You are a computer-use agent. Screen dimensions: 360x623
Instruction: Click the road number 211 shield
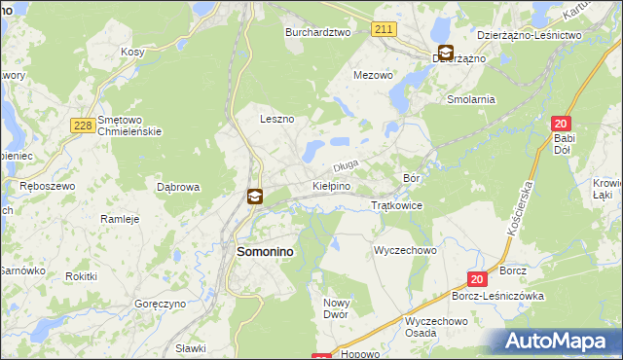pyautogui.click(x=384, y=29)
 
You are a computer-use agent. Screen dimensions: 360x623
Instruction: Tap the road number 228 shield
pyautogui.click(x=82, y=125)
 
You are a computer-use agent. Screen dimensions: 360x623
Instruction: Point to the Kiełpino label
pyautogui.click(x=331, y=185)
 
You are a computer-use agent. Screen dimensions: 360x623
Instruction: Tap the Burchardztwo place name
pyautogui.click(x=317, y=32)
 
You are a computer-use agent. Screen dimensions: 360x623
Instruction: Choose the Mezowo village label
pyautogui.click(x=373, y=74)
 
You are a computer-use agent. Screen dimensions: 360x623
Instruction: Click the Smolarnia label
pyautogui.click(x=471, y=99)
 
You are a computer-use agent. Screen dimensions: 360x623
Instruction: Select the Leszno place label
pyautogui.click(x=276, y=119)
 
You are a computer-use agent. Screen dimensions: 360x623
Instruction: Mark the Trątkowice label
pyautogui.click(x=397, y=206)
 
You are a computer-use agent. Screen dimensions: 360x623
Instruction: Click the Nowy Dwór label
pyautogui.click(x=336, y=308)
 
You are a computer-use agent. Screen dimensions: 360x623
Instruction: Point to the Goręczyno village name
pyautogui.click(x=160, y=305)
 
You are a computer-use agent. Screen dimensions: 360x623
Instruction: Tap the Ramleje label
pyautogui.click(x=121, y=219)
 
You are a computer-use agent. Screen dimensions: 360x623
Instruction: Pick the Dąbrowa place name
pyautogui.click(x=178, y=186)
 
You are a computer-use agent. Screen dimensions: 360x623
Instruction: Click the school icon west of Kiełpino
pyautogui.click(x=254, y=197)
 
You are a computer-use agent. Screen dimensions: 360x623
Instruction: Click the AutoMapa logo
pyautogui.click(x=559, y=342)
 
